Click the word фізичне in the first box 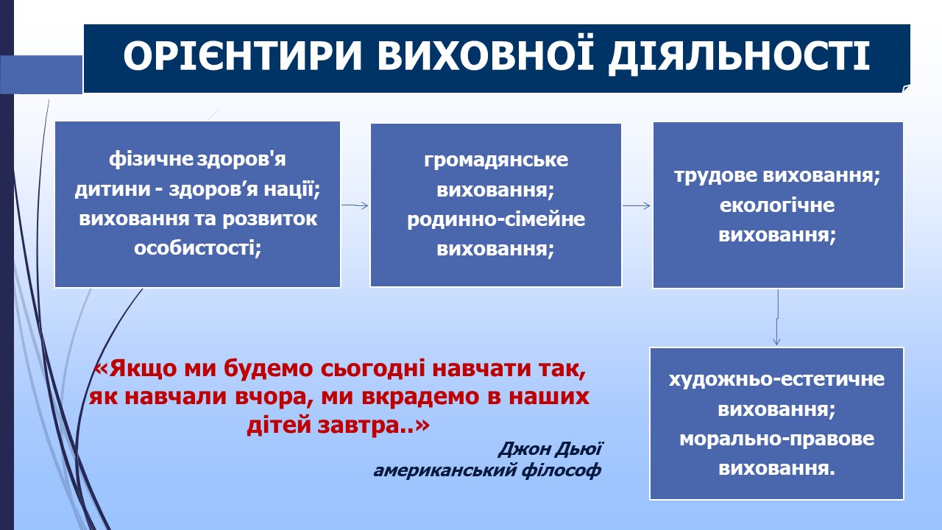tap(151, 159)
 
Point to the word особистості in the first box tap(198, 247)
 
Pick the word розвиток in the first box tap(270, 219)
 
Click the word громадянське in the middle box tap(496, 160)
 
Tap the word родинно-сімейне tap(496, 219)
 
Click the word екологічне tap(777, 205)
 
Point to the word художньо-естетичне tap(776, 380)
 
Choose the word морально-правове tap(776, 439)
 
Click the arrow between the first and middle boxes tap(355, 205)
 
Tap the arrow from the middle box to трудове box tap(637, 205)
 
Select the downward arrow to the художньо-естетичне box tap(777, 317)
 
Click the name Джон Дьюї tap(550, 449)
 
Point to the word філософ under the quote tap(562, 470)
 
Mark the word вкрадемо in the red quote tap(420, 397)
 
